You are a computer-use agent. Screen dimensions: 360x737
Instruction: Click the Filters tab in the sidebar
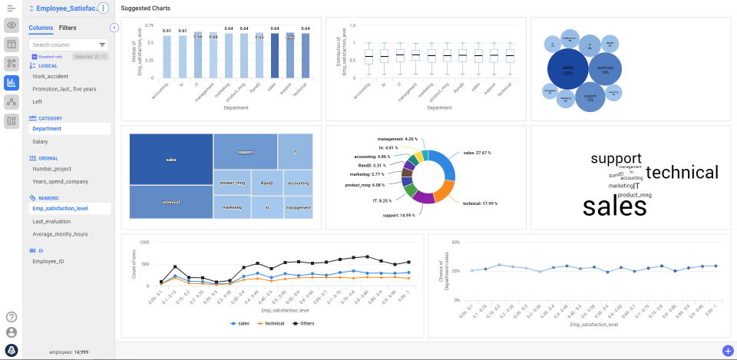(x=68, y=28)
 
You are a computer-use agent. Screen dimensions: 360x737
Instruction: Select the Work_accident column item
(x=51, y=77)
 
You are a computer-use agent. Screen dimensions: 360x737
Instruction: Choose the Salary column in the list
(x=40, y=142)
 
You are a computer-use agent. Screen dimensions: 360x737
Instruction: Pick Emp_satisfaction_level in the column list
(x=60, y=208)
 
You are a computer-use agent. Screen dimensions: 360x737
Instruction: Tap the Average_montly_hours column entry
(x=60, y=234)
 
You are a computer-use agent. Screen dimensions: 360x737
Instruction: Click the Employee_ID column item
(x=48, y=262)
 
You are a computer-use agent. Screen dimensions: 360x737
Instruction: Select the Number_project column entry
(x=51, y=168)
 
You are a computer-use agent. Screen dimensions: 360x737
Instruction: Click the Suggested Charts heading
(x=146, y=8)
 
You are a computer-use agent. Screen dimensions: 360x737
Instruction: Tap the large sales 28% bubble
(x=567, y=69)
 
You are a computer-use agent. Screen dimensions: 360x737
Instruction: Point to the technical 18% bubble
(x=605, y=69)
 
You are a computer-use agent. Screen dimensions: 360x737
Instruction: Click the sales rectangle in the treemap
(x=171, y=159)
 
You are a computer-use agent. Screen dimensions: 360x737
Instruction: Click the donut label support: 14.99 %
(x=398, y=216)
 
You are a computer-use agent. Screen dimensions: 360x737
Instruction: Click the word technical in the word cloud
(x=682, y=173)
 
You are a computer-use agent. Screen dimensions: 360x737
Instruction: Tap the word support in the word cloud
(x=616, y=159)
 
